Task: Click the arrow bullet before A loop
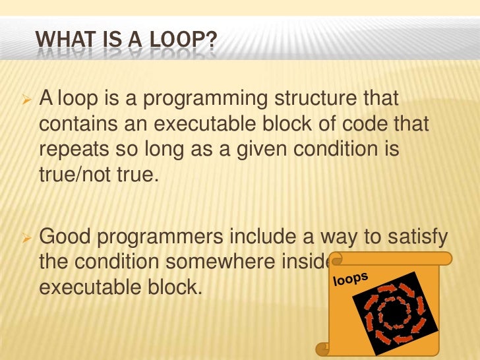pyautogui.click(x=27, y=101)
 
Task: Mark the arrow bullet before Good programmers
pyautogui.click(x=27, y=237)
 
